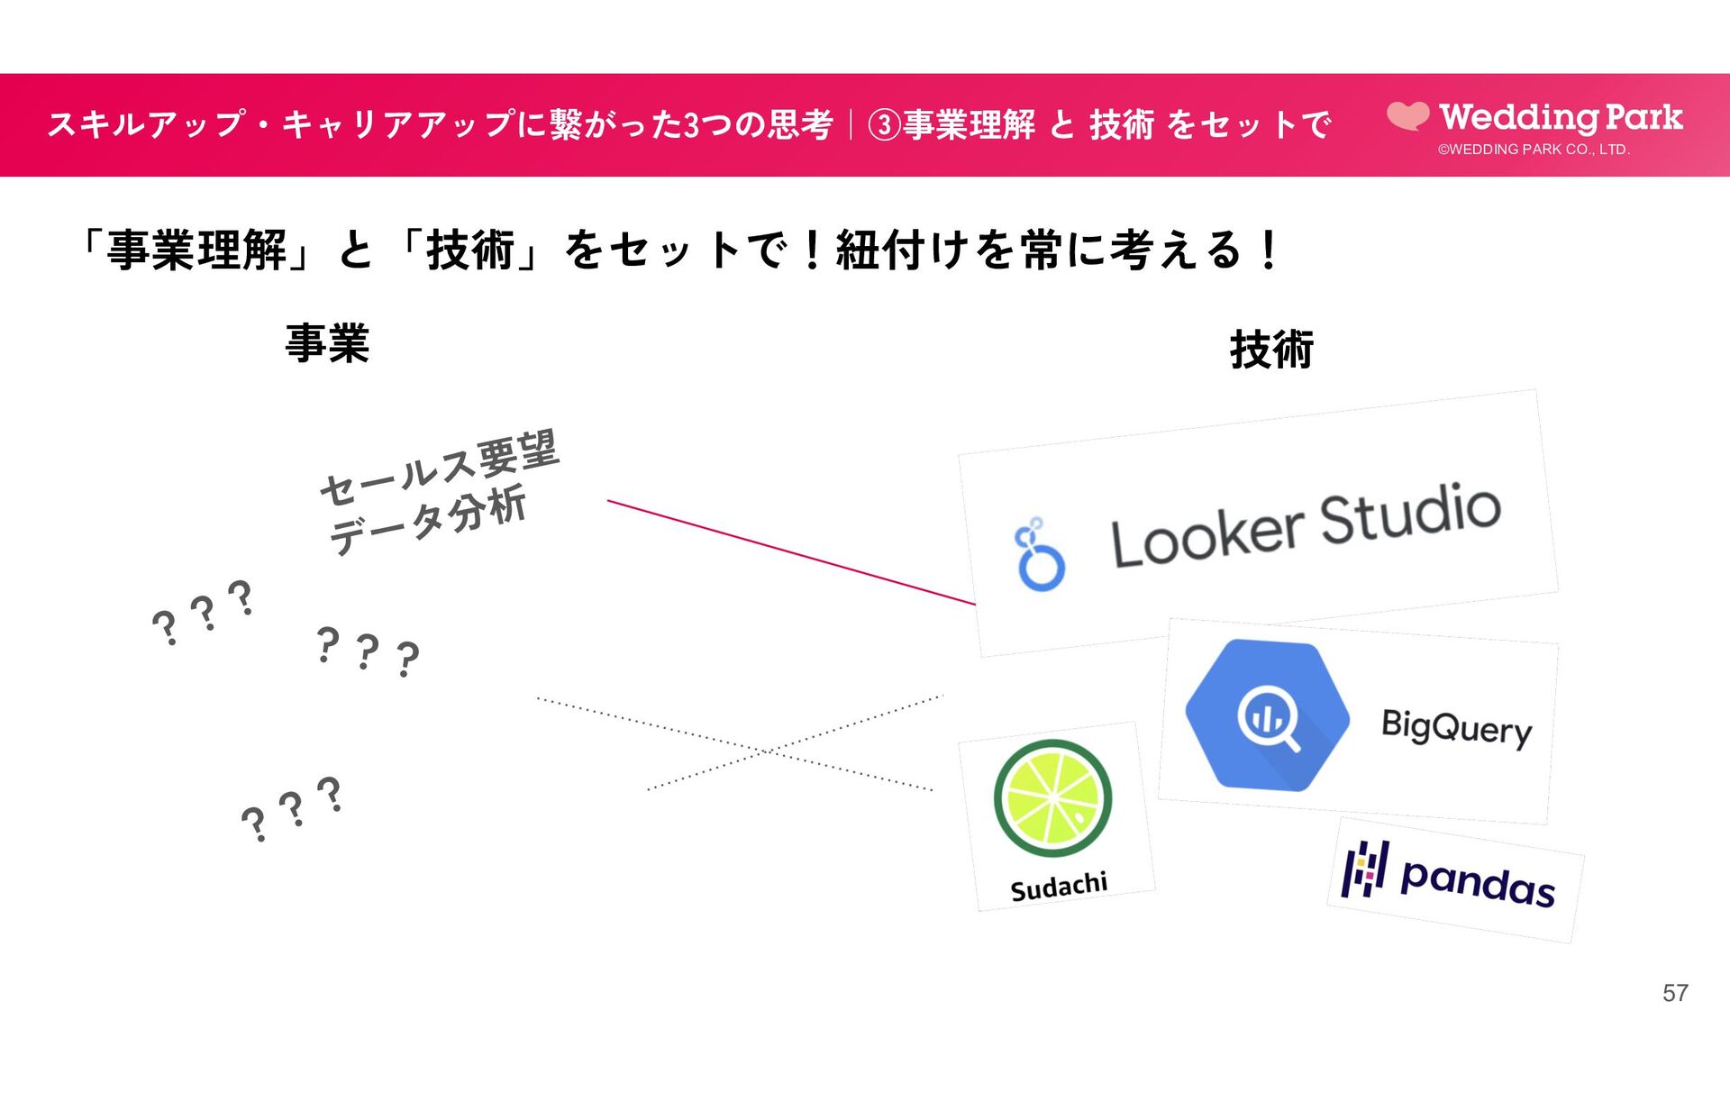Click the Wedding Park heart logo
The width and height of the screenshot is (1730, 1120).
click(x=1407, y=115)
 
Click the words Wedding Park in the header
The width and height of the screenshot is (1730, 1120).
click(x=1562, y=117)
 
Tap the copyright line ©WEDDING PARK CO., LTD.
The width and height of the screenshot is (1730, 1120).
click(x=1534, y=150)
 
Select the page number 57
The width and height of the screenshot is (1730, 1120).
click(x=1675, y=993)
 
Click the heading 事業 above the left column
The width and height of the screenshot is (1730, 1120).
click(x=327, y=344)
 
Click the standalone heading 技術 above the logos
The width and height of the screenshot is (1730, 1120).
click(x=1271, y=350)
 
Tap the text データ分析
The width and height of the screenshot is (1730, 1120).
click(x=427, y=520)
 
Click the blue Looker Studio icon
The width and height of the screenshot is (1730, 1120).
click(x=1039, y=555)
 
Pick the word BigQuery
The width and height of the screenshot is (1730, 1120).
click(x=1456, y=727)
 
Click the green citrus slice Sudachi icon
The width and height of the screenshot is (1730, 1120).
click(x=1052, y=798)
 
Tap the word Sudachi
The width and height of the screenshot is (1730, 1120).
click(x=1059, y=887)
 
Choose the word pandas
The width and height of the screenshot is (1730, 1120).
click(x=1478, y=880)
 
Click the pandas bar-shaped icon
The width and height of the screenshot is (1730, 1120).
click(x=1364, y=870)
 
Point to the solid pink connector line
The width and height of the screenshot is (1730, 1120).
click(x=790, y=551)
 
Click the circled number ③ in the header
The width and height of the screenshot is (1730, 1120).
click(x=884, y=125)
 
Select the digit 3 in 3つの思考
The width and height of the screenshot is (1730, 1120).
click(x=692, y=125)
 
